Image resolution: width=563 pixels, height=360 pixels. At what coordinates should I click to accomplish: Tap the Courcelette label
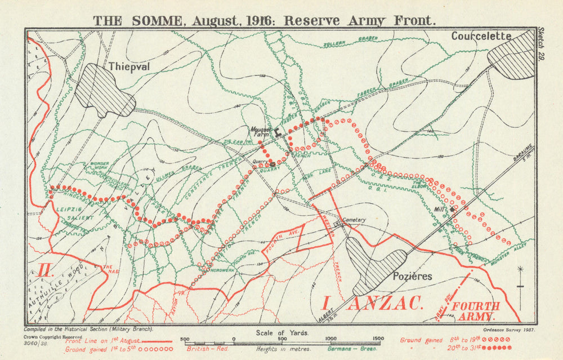click(481, 36)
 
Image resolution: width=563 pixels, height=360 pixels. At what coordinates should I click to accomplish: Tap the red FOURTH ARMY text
click(476, 312)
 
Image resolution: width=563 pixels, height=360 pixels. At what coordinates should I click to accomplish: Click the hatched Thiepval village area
click(104, 90)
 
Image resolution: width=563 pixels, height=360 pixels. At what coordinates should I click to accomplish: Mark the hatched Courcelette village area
click(511, 55)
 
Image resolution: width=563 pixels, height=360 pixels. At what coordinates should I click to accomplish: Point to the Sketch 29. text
click(541, 44)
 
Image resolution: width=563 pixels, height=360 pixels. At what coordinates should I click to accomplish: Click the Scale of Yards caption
click(282, 332)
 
